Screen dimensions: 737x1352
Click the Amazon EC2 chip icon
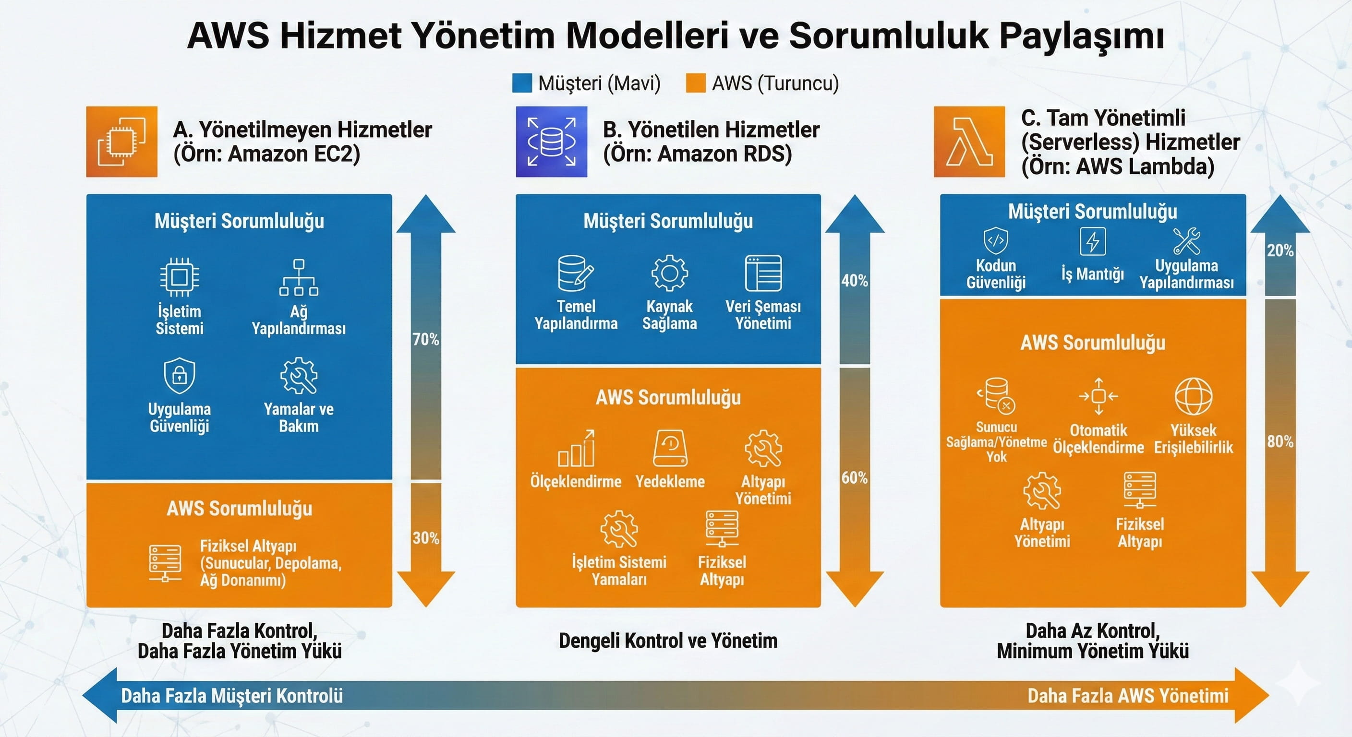(122, 142)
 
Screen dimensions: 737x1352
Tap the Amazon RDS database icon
(551, 142)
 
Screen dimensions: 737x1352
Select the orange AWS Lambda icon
(969, 142)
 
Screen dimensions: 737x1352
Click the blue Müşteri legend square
(522, 83)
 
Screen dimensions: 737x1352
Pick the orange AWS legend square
(695, 83)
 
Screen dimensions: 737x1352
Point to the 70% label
(426, 339)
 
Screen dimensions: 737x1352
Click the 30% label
(426, 538)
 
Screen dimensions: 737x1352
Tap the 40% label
(855, 281)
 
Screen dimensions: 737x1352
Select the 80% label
(1280, 442)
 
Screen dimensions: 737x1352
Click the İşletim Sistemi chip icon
(179, 276)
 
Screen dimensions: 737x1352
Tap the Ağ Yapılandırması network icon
(299, 277)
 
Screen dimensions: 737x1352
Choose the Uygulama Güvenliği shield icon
(180, 376)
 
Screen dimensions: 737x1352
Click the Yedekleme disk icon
(670, 449)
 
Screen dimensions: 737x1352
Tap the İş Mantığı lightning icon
(1093, 242)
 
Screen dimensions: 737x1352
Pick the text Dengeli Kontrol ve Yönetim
(668, 641)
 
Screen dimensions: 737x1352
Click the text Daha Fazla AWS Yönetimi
(1128, 696)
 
